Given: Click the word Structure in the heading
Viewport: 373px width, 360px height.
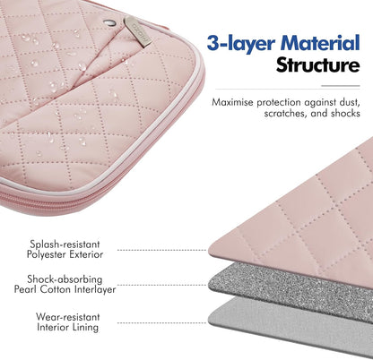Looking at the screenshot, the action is coord(317,65).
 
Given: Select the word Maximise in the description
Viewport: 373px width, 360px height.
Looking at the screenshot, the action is coord(232,102).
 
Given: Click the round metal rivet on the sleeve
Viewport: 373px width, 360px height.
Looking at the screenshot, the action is coord(109,21).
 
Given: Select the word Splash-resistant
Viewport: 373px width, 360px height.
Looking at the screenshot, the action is coord(65,244).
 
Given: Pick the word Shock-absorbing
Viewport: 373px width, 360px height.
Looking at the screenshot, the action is coord(65,279).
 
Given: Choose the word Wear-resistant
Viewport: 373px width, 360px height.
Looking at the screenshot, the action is coord(68,317).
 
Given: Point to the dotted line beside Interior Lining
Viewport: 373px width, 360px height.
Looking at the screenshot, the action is coord(161,322).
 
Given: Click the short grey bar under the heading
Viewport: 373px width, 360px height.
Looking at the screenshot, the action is coord(341,86).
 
